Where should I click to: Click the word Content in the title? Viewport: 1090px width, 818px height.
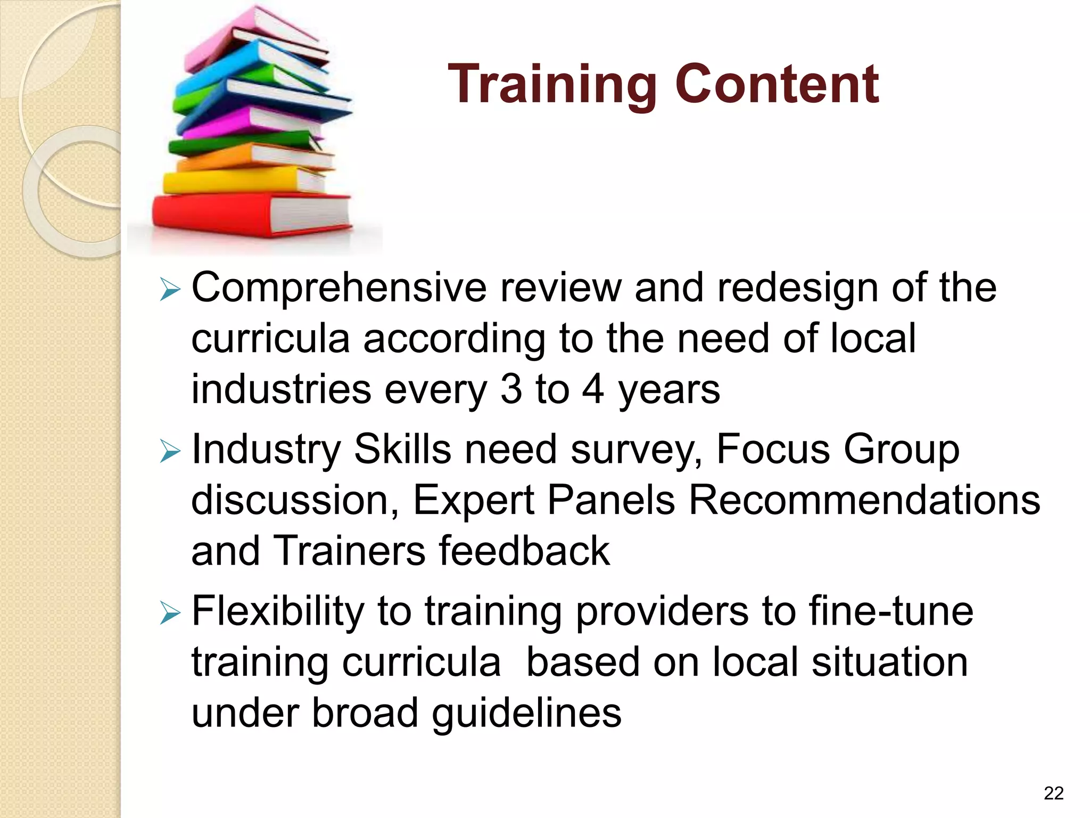point(777,84)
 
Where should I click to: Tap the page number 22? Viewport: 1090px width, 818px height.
point(1053,794)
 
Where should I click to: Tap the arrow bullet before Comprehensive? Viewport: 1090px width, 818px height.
point(170,291)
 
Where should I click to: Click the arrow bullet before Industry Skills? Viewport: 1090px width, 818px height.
point(170,453)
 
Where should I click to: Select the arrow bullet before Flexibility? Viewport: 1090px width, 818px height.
point(170,615)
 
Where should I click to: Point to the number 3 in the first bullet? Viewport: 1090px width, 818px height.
point(511,389)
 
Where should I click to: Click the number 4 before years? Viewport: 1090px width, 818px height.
point(592,389)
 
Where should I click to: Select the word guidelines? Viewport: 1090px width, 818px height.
point(526,713)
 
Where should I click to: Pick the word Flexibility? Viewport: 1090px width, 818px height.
point(277,611)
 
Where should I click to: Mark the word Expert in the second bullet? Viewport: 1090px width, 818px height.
point(473,501)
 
